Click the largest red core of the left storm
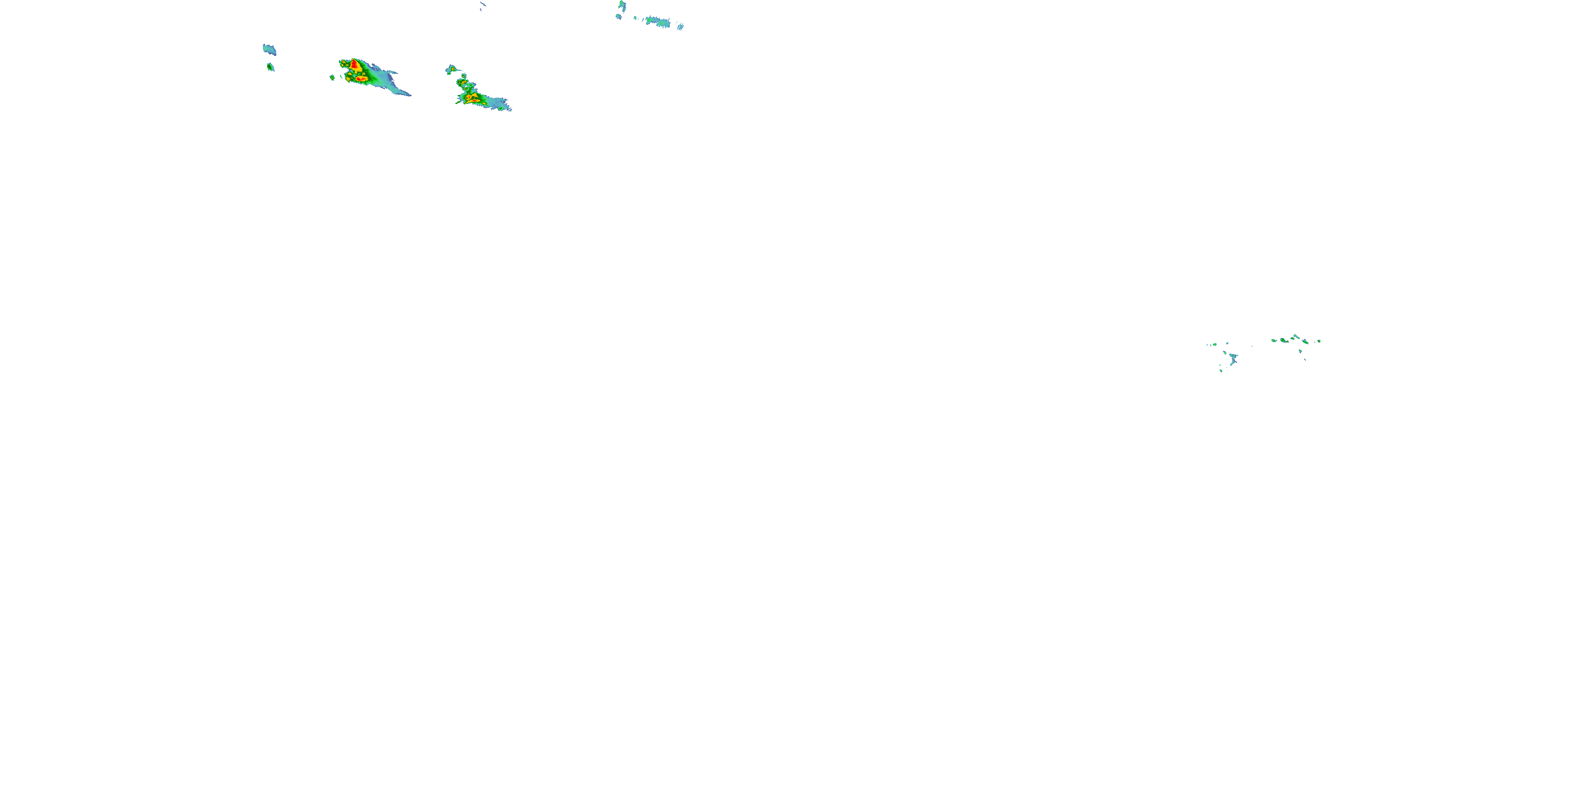click(355, 64)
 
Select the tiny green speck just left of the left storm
click(332, 78)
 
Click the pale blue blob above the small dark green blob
click(269, 50)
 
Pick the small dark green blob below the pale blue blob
click(270, 67)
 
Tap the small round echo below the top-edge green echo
click(619, 16)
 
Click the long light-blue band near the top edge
click(658, 22)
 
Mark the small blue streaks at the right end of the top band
click(680, 26)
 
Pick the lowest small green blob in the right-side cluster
click(1221, 370)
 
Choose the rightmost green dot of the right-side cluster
click(1319, 341)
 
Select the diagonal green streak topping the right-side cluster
click(1296, 336)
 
